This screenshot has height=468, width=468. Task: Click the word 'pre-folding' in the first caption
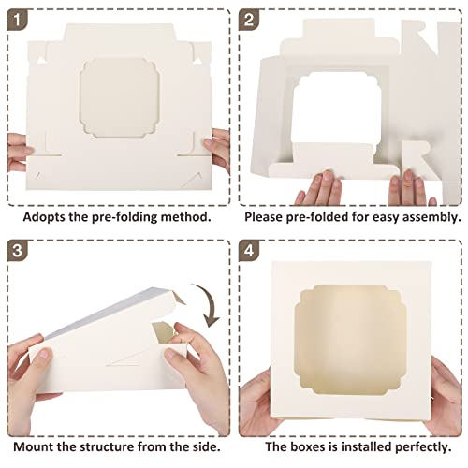tap(118, 215)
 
